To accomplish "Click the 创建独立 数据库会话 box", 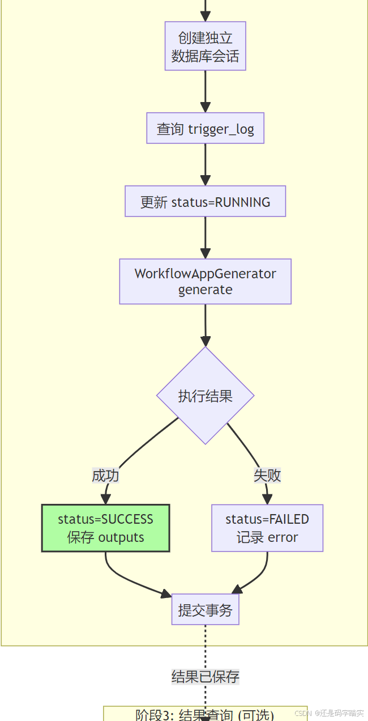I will (x=205, y=46).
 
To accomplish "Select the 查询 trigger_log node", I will (x=205, y=129).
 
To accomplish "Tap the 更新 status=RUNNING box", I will (x=205, y=201).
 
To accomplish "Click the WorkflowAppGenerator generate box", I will (x=205, y=282).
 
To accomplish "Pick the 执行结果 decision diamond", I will (x=205, y=396).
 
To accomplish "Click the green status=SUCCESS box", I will (x=105, y=528).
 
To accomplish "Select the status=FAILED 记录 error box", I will (x=267, y=528).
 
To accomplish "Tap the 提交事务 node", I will (x=205, y=610).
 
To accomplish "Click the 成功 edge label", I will (x=105, y=475).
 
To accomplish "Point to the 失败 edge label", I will (x=267, y=475).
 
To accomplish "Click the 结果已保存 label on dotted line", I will (x=205, y=676).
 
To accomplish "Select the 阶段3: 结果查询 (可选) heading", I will (x=205, y=714).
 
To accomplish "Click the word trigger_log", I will (x=221, y=129).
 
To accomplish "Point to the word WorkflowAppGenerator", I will (x=205, y=274).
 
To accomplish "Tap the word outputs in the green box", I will (x=121, y=537).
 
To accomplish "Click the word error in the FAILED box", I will (x=283, y=537).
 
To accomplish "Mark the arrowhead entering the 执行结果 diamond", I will (x=205, y=341).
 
